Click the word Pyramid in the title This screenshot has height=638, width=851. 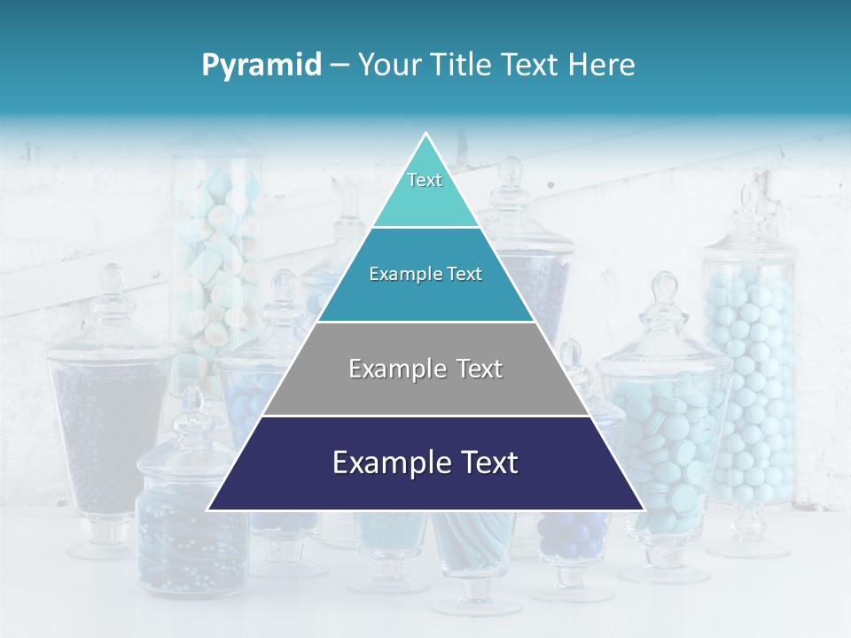pyautogui.click(x=261, y=66)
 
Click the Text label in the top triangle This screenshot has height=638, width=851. pyautogui.click(x=425, y=180)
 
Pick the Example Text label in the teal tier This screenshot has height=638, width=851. pyautogui.click(x=425, y=274)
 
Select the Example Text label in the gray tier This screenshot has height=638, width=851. pyautogui.click(x=425, y=369)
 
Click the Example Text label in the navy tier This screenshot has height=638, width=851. pyautogui.click(x=425, y=463)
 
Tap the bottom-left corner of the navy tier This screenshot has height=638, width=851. pyautogui.click(x=209, y=510)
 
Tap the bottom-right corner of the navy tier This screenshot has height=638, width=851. pyautogui.click(x=643, y=510)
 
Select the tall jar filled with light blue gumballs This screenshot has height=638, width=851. pyautogui.click(x=749, y=381)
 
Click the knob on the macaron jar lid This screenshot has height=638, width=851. pyautogui.click(x=664, y=288)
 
